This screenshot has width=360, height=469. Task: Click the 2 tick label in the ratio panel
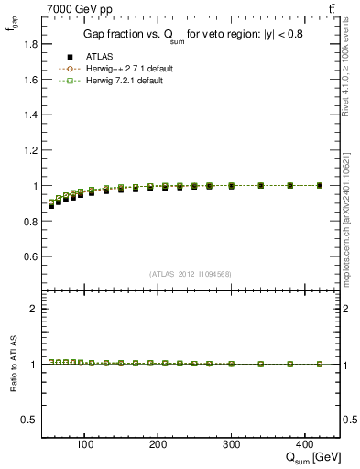tap(30, 309)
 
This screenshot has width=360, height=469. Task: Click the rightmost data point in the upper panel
tap(319, 185)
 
